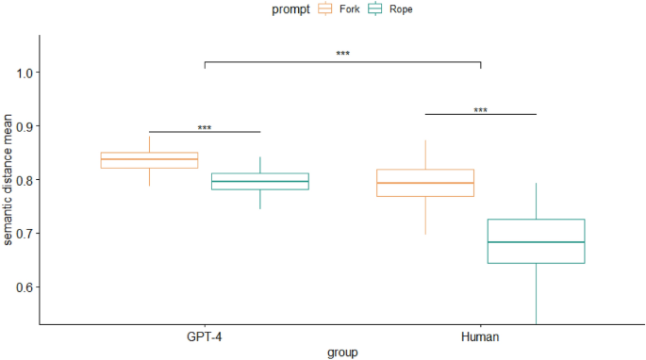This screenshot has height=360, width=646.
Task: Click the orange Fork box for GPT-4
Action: pos(150,160)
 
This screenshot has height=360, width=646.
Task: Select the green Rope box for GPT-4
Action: pos(260,181)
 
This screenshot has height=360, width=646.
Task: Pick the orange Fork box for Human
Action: pos(425,183)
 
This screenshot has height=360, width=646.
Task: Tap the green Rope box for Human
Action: pos(536,241)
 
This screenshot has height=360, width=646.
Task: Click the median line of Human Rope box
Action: pos(536,242)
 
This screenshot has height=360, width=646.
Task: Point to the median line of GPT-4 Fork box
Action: pos(150,159)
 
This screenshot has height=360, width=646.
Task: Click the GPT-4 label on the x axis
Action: pos(205,335)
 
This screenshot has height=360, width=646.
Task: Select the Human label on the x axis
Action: pos(481,335)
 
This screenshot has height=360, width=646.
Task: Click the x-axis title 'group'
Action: pos(342,352)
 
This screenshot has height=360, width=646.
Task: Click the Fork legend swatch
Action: pos(326,8)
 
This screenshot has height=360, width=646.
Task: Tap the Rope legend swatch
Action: pos(374,8)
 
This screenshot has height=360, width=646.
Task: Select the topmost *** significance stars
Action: pos(342,54)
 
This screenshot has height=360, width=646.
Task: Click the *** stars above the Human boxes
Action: pos(481,110)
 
